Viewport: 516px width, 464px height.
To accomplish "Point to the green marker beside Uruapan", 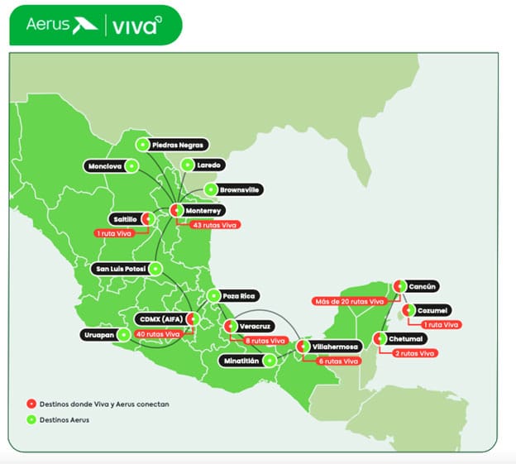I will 124,335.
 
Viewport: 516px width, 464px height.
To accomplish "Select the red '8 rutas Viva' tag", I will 265,341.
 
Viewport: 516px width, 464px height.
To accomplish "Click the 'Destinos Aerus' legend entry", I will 64,420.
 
